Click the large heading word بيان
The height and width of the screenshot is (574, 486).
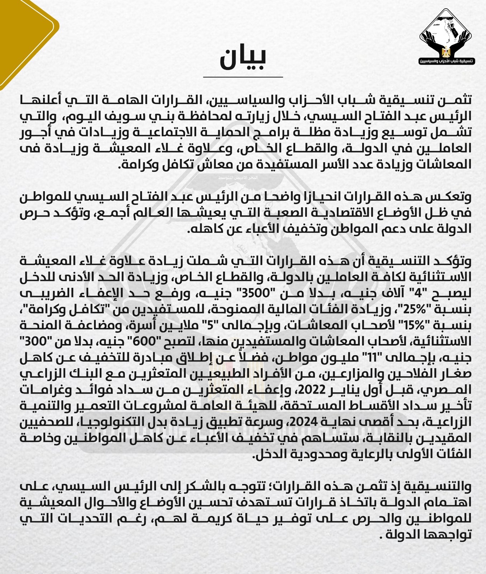point(243,58)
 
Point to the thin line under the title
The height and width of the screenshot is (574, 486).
point(243,77)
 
